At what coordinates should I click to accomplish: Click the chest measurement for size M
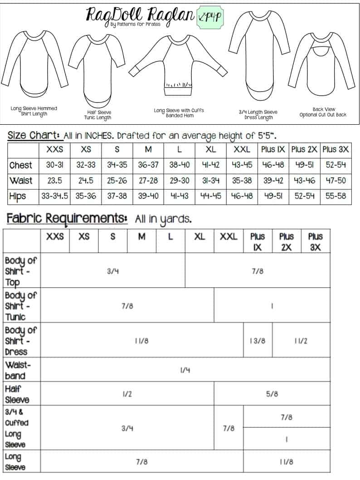click(x=148, y=165)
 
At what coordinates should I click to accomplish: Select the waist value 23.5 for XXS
click(x=55, y=180)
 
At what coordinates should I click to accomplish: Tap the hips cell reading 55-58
click(x=336, y=196)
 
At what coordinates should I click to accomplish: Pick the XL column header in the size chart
click(x=210, y=150)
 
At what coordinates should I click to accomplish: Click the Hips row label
click(x=18, y=196)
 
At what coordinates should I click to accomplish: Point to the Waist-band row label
click(x=15, y=370)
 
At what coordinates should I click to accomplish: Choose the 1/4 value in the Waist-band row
click(x=185, y=370)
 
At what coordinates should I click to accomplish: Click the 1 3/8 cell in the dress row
click(x=258, y=341)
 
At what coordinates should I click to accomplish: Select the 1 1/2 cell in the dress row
click(x=301, y=341)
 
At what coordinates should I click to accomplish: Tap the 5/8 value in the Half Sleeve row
click(x=272, y=394)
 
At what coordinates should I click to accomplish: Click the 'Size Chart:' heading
click(x=34, y=135)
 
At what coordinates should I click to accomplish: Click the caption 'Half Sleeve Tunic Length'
click(x=98, y=115)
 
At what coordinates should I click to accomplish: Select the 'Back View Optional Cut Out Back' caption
click(x=323, y=112)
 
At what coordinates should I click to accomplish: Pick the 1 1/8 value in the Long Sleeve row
click(x=287, y=462)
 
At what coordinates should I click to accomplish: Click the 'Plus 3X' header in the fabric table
click(x=315, y=242)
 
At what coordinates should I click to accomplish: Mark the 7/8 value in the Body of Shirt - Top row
click(x=258, y=271)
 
